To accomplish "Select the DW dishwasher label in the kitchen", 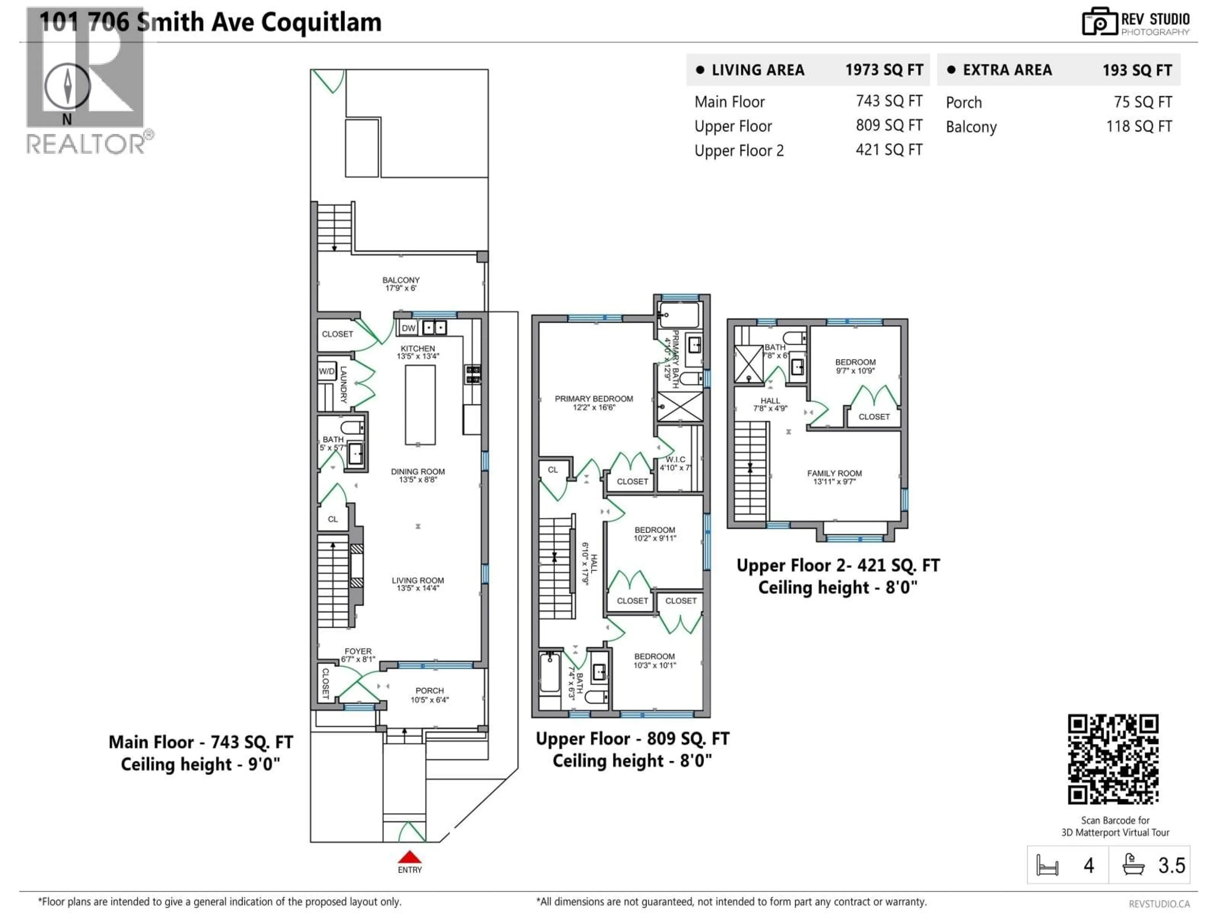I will coord(408,328).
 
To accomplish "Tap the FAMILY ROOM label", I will coord(834,473).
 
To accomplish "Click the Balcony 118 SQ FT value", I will coord(1138,126).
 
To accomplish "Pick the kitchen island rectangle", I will coord(420,405).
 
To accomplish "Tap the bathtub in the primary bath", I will coord(679,315).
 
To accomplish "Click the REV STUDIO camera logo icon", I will coord(1099,22).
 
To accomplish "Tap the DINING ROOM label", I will coord(418,472).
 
